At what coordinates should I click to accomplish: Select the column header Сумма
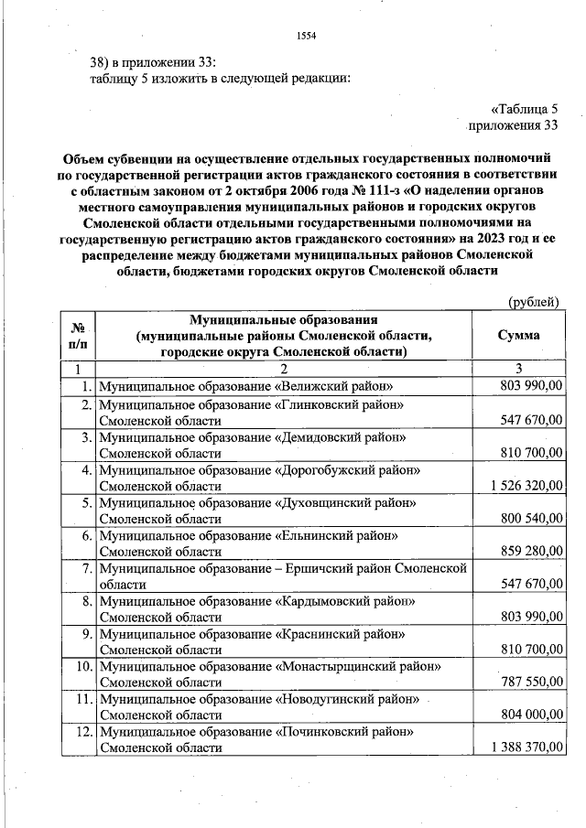(x=517, y=336)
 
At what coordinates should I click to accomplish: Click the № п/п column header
(x=79, y=336)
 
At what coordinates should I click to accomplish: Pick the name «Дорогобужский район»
(x=347, y=469)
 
